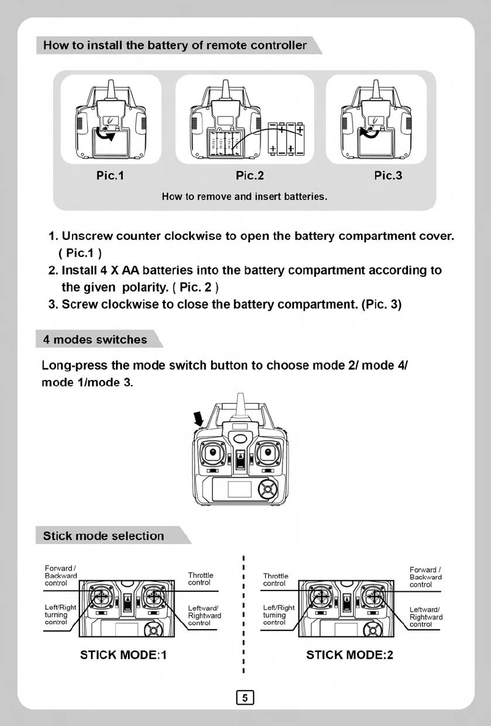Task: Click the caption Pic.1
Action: [110, 176]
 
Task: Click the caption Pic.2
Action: [249, 176]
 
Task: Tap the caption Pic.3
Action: [389, 176]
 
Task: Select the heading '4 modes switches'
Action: [95, 339]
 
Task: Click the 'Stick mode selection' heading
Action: [104, 536]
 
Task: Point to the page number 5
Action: [244, 697]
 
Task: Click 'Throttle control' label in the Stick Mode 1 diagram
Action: [200, 579]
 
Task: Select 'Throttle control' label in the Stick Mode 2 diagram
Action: [275, 579]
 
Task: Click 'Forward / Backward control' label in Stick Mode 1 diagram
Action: [60, 576]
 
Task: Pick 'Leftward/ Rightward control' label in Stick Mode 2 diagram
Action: [425, 616]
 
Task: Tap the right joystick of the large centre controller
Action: [268, 452]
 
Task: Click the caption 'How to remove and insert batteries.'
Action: [245, 197]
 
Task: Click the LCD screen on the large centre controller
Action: [240, 489]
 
